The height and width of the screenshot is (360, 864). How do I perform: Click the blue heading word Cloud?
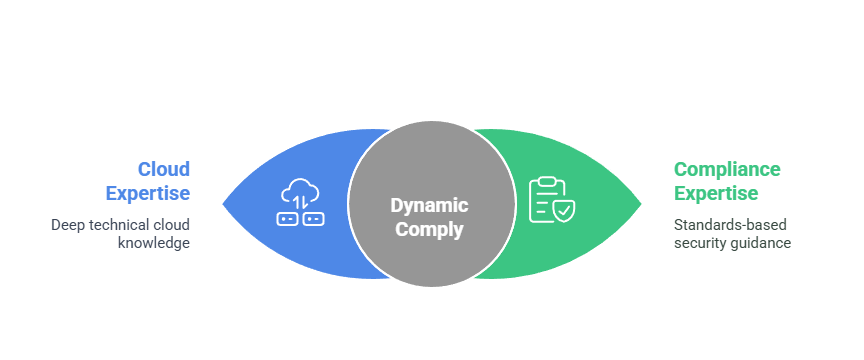[x=163, y=169]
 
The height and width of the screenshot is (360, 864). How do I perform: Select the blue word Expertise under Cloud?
[x=148, y=192]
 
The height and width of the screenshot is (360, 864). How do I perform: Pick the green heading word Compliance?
[x=727, y=169]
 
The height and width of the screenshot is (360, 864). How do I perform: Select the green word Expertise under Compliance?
[x=715, y=192]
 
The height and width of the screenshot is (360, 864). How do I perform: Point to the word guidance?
[x=762, y=243]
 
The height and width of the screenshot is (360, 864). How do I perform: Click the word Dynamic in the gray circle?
[x=429, y=205]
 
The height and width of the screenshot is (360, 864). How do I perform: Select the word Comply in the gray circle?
[x=429, y=228]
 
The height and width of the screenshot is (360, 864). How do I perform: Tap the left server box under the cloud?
[x=288, y=217]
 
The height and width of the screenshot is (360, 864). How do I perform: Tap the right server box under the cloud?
[x=312, y=217]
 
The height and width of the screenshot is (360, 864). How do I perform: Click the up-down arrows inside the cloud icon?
[x=300, y=194]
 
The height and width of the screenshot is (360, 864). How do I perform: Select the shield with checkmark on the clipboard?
[x=565, y=211]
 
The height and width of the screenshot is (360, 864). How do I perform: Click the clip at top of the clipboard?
[x=546, y=180]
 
